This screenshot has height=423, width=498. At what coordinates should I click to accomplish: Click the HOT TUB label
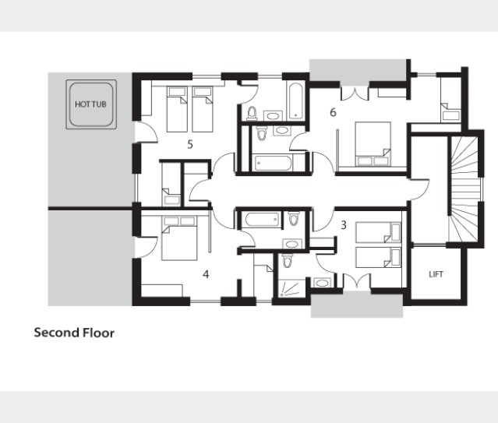click(90, 104)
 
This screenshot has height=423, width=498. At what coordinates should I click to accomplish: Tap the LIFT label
click(436, 274)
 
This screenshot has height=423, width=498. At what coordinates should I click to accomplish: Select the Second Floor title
click(74, 333)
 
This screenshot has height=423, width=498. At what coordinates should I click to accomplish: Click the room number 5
click(190, 144)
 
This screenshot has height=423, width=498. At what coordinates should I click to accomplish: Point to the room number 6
click(333, 112)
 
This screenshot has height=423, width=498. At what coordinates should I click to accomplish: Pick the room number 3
click(344, 225)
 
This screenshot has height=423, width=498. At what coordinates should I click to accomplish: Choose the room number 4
click(206, 274)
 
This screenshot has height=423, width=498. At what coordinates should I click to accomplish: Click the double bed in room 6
click(373, 144)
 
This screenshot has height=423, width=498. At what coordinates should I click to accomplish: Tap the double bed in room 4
click(179, 238)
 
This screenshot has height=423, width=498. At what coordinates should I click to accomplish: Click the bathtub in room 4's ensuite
click(263, 220)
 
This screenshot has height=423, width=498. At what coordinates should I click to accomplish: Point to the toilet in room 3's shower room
click(288, 261)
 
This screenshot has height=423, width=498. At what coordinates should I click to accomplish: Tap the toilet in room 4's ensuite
click(294, 218)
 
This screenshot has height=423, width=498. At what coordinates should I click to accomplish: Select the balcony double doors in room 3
click(357, 280)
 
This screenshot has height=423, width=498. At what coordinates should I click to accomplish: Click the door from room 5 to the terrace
click(146, 132)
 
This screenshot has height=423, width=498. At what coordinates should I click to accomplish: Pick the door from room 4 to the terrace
click(146, 247)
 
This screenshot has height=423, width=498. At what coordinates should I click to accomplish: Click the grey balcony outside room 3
click(357, 305)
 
